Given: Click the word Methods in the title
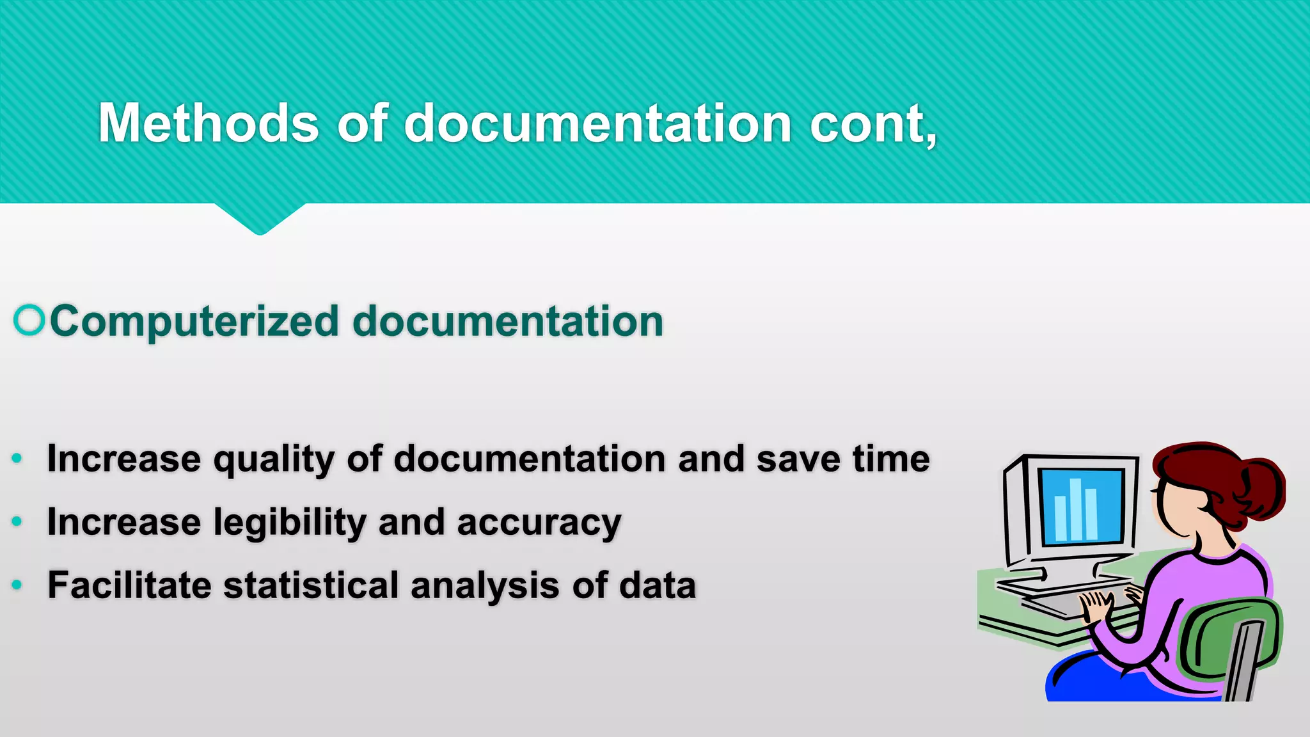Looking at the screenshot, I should pos(208,123).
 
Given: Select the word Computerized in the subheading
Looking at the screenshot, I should pos(194,321).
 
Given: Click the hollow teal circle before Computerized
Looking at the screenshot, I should pos(29,320).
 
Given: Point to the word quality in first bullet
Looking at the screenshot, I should pos(274,460).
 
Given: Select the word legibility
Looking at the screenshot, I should pos(290,523).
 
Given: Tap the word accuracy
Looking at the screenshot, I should pos(539,523).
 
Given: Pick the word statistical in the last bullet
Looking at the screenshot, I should pos(311,585).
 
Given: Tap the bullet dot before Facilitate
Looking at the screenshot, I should pos(17,584).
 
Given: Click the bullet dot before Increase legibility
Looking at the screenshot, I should pos(17,521).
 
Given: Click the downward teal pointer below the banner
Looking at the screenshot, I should pos(260,219).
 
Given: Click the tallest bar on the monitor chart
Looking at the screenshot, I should pos(1075,509).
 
